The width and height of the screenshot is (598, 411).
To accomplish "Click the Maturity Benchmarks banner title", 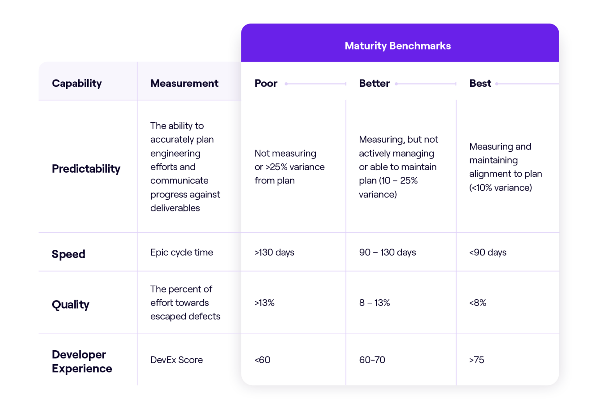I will point(397,46).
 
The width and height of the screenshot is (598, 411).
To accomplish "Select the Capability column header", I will point(77,83).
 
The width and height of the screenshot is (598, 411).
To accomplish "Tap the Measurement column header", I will point(184,83).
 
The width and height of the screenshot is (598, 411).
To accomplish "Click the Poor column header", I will point(266,83).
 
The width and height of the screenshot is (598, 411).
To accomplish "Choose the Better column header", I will point(374,83).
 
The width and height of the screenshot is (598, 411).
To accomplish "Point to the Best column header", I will point(480,83).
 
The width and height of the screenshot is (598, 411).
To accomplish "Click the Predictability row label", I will point(86,169).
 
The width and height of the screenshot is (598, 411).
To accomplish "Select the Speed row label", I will point(69,254).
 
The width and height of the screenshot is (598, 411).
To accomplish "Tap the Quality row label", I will point(70,304).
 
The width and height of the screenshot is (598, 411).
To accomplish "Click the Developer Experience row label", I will point(82,362).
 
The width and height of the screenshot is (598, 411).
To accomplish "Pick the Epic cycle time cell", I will point(181,252).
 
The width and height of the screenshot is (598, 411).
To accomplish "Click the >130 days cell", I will point(274,252).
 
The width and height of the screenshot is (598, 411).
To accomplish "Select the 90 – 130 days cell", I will point(387,252).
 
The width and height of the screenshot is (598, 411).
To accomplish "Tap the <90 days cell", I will point(487,252).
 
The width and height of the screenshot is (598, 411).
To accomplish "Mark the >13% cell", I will point(264,303).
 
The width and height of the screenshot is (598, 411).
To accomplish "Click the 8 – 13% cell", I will point(374,303).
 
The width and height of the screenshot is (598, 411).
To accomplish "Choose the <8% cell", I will point(478,303).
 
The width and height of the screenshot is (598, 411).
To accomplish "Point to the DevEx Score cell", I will point(176,360).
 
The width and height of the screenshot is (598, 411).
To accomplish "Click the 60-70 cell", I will point(372,360).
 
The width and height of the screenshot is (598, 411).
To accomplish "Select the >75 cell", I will point(477,360).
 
